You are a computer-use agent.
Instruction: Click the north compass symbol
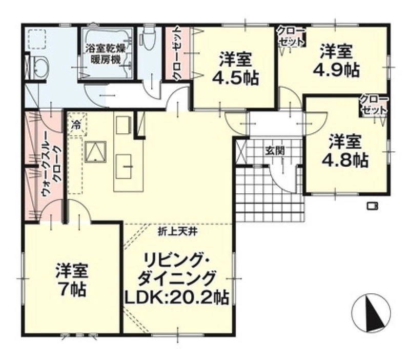371,313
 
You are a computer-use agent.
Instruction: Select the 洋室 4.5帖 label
236,69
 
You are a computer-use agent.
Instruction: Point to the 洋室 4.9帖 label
336,61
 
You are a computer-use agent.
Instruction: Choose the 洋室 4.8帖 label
345,151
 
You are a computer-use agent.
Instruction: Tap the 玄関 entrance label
275,151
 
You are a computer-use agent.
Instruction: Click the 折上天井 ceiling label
177,232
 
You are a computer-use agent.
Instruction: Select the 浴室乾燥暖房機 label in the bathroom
106,54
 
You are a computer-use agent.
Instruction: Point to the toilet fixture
148,39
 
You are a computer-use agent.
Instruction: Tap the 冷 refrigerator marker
76,124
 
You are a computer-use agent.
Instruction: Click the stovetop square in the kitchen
96,152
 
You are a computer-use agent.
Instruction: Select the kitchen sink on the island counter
124,166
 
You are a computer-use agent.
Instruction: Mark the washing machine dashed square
37,39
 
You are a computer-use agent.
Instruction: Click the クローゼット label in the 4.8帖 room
374,105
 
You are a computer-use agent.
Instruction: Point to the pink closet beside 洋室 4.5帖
176,53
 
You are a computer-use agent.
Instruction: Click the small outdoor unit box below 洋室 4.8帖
372,206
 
